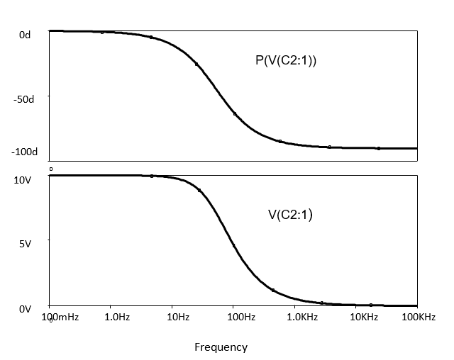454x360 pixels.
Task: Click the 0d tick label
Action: [25, 35]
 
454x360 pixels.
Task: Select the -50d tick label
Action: [23, 99]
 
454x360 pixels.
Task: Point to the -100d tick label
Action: [23, 152]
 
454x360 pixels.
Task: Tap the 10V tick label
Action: [23, 180]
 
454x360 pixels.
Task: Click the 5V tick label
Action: [24, 244]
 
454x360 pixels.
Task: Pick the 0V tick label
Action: [24, 308]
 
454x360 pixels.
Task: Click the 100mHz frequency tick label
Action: [61, 317]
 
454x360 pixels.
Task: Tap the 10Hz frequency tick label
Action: [177, 317]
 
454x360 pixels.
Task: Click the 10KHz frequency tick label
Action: [363, 317]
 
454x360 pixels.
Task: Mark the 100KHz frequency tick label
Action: [418, 317]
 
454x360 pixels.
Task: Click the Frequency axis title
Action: [221, 347]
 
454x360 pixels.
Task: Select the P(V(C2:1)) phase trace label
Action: [286, 60]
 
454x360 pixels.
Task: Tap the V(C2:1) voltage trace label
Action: [290, 215]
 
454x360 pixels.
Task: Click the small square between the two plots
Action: [51, 169]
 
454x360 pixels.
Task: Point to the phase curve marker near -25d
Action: [196, 64]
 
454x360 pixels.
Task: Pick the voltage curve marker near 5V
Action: [234, 246]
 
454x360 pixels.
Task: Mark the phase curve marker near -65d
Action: [235, 114]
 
